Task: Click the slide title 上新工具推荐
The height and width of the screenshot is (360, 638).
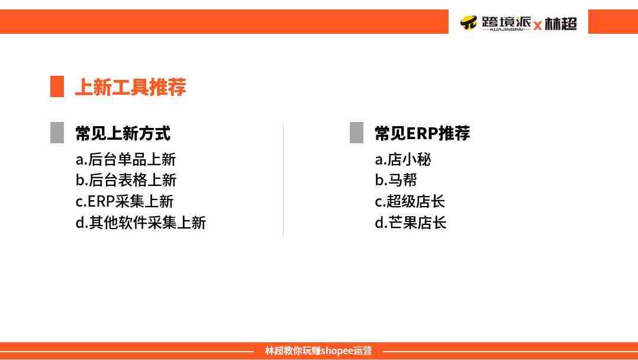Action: point(131,86)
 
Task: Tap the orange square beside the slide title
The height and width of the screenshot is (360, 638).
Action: point(57,86)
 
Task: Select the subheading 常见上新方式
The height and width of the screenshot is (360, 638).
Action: point(123,133)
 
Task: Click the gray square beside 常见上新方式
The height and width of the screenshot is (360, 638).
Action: point(57,133)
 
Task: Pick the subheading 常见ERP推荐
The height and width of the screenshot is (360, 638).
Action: point(423,133)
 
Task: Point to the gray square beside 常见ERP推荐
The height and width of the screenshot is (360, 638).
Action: point(356,133)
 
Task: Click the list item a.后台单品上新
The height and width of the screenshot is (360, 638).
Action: point(125,159)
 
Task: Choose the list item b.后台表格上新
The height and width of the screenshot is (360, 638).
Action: point(125,180)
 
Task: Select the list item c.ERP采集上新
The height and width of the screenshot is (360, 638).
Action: point(124,201)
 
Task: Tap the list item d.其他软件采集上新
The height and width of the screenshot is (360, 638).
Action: point(141,223)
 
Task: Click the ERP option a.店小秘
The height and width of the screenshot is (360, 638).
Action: point(403,159)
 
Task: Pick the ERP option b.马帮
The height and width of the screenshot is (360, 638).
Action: point(396,180)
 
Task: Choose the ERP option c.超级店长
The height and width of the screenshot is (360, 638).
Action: point(410,201)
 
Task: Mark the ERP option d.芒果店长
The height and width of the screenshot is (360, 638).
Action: point(411,223)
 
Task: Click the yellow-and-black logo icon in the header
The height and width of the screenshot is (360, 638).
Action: point(468,22)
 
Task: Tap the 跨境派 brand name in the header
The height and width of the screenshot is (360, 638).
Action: point(506,22)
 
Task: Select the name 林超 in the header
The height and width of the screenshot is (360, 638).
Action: point(560,24)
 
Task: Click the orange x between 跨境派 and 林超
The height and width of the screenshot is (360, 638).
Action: point(537,25)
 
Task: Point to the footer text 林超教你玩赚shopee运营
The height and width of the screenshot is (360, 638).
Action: point(318,351)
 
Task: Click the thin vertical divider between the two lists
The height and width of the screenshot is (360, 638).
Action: point(283,179)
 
